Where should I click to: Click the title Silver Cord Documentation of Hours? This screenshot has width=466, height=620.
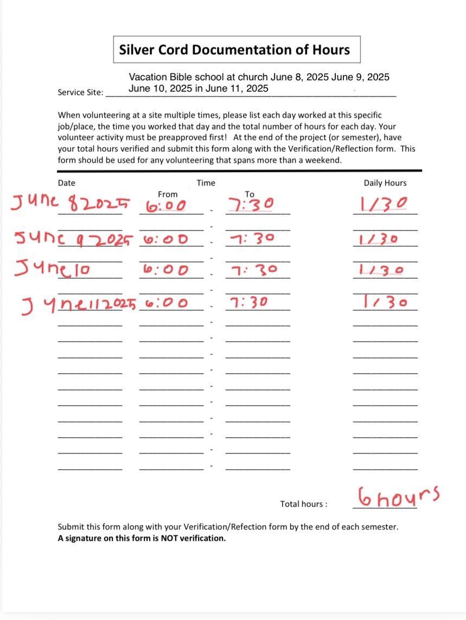point(234,50)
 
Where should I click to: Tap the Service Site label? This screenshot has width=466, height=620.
point(80,92)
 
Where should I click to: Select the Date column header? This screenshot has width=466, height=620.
point(66,183)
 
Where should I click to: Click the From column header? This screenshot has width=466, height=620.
point(168,194)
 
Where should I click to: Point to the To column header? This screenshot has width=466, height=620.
point(250,194)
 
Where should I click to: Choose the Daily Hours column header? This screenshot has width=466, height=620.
point(385,183)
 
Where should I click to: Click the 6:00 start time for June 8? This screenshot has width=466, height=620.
point(166,206)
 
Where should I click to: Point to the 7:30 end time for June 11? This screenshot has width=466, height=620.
point(249,302)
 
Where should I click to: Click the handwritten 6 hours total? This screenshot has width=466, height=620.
point(398,496)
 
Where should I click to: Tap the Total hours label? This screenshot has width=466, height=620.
point(303,504)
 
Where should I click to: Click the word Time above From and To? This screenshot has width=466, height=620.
point(206,183)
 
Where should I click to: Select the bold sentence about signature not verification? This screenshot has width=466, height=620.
point(142,538)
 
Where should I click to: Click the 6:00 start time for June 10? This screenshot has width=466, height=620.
point(166,270)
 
